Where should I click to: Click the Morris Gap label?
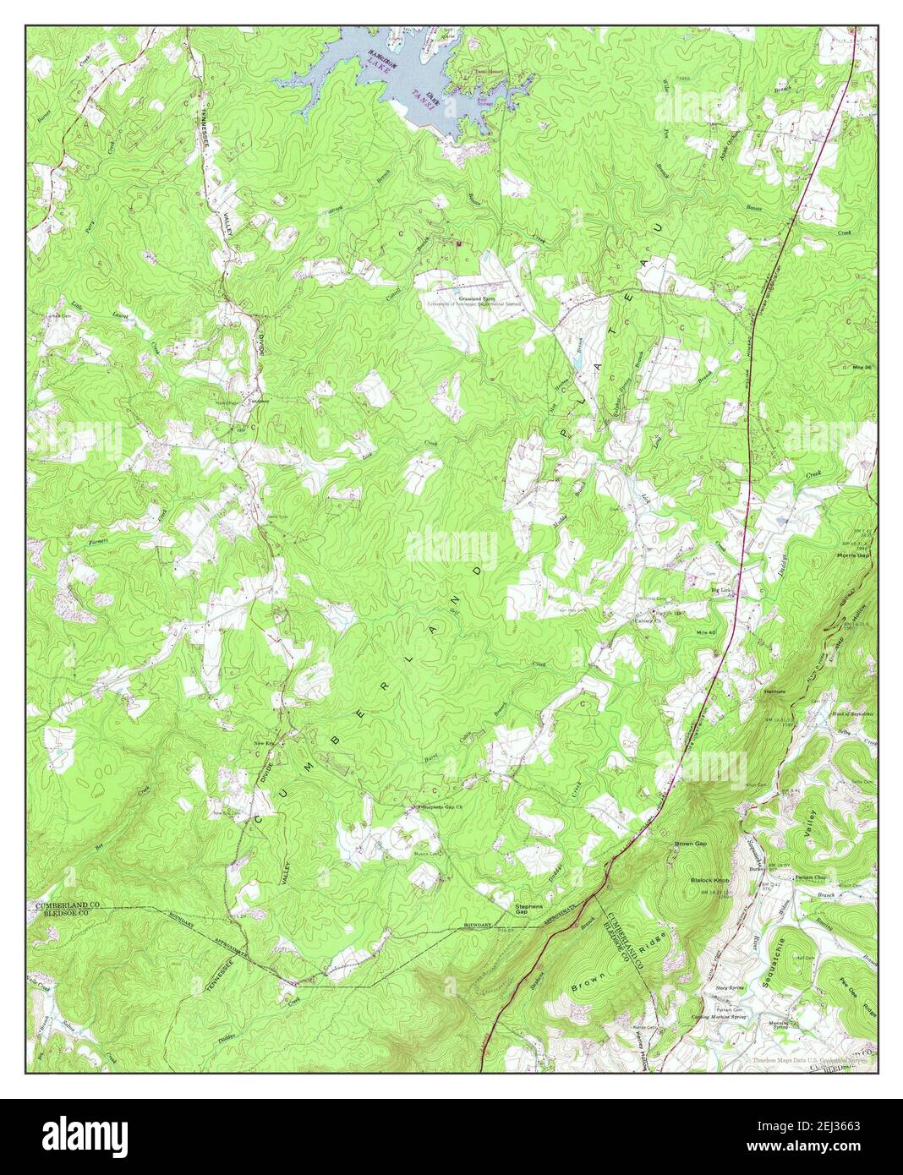coord(854,555)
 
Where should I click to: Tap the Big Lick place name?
coord(720,591)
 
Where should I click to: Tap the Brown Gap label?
coord(690,844)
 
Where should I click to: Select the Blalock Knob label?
coord(709,880)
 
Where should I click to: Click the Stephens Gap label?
coord(528,910)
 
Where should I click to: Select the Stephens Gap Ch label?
coord(442,808)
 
